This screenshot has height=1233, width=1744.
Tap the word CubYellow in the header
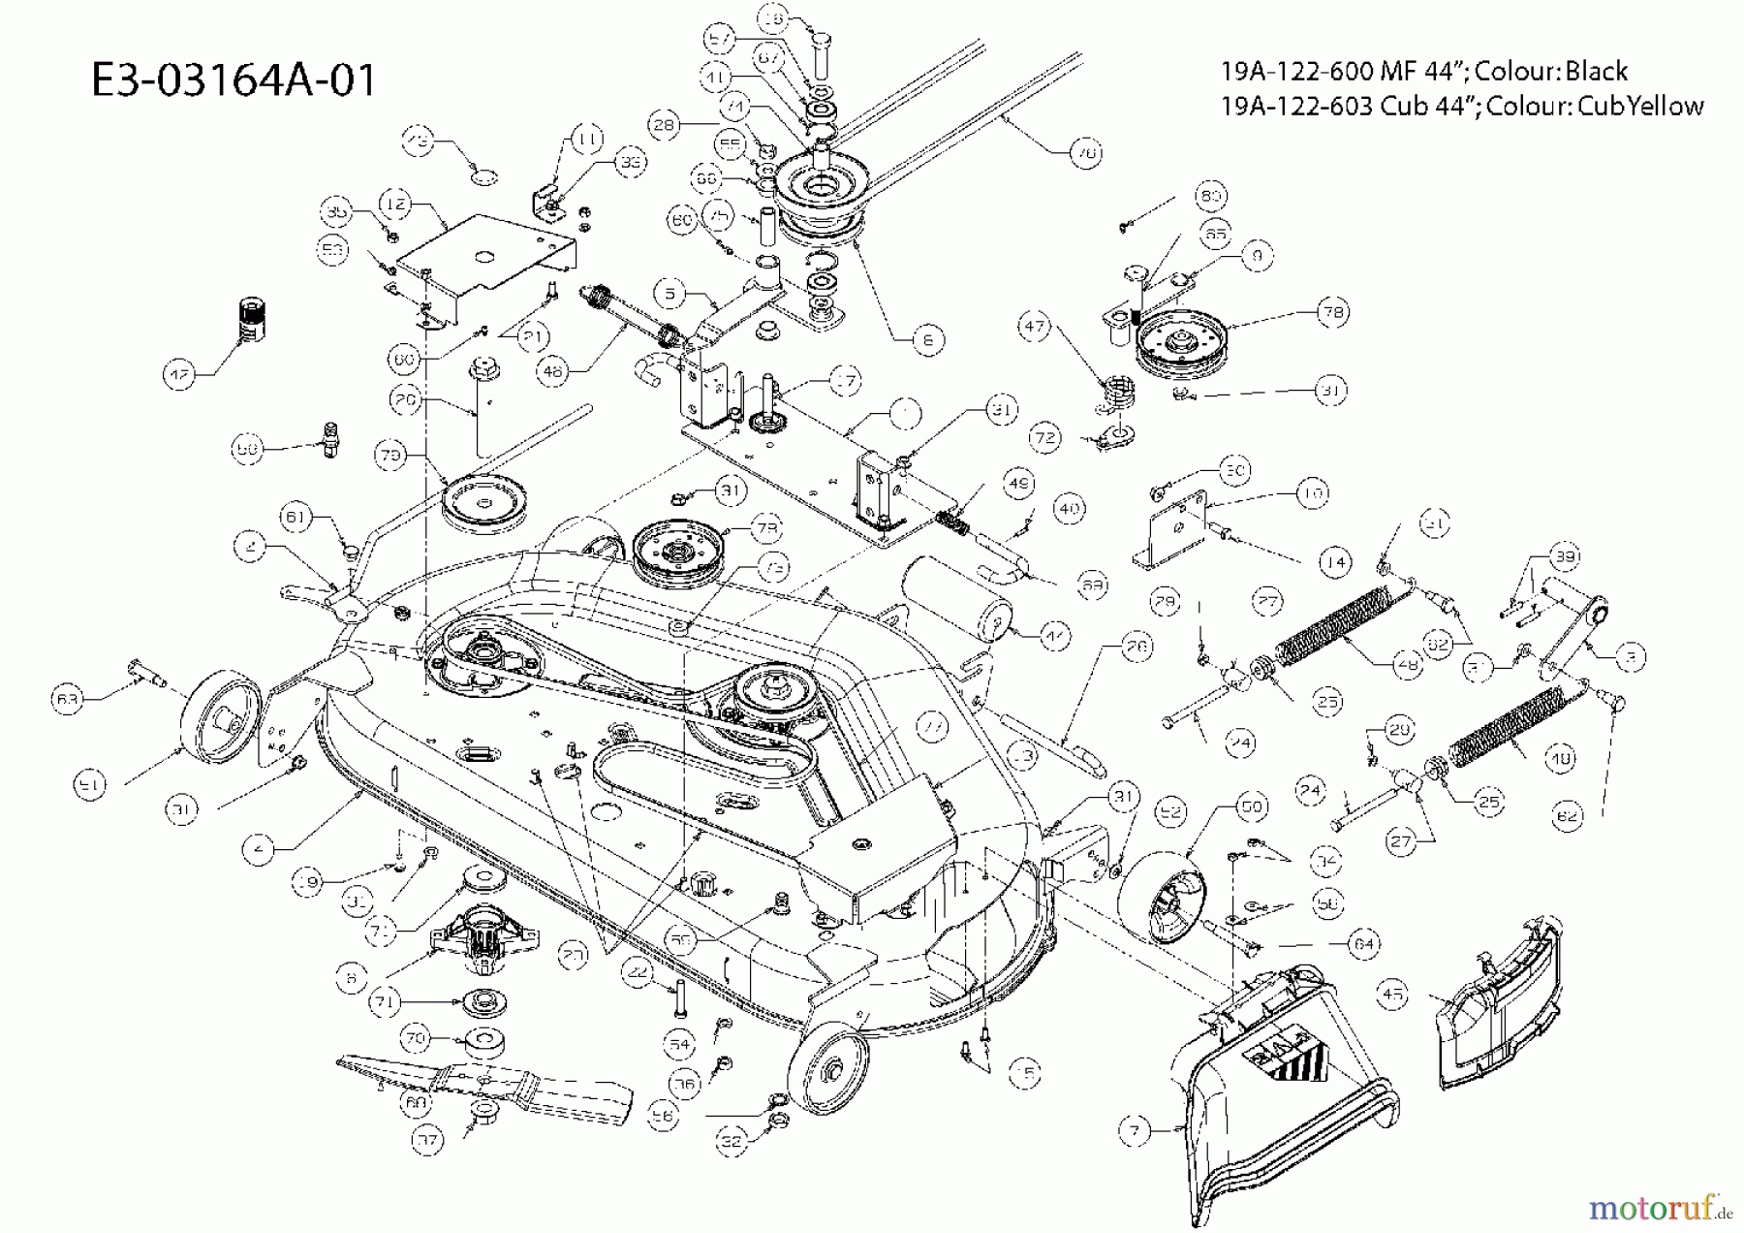tap(1640, 106)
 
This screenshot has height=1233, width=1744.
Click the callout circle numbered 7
tap(1135, 1130)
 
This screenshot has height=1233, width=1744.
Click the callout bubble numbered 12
tap(394, 205)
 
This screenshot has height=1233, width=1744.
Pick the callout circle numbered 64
tap(1363, 943)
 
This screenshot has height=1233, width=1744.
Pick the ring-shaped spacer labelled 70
tap(482, 1045)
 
